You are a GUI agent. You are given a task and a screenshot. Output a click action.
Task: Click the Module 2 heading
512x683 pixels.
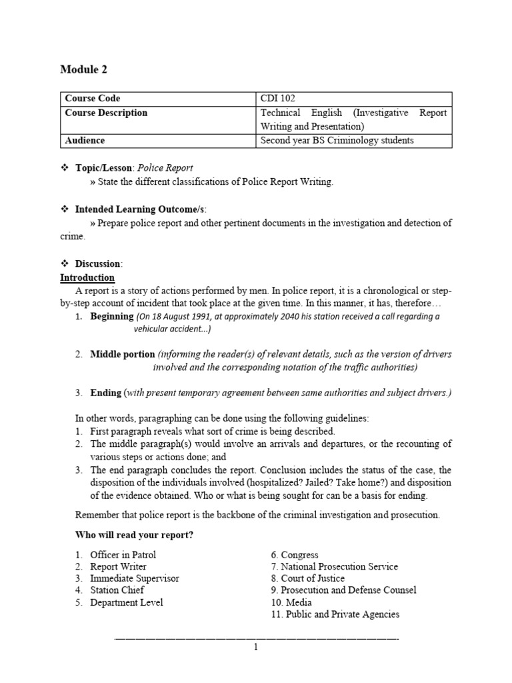point(83,69)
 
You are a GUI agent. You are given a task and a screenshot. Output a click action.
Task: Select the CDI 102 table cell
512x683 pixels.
point(278,99)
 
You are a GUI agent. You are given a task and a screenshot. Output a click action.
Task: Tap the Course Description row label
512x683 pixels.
point(106,113)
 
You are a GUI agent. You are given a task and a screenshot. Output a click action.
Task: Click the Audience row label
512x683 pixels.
point(85,140)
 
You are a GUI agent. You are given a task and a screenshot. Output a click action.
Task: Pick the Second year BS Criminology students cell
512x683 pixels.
point(337,140)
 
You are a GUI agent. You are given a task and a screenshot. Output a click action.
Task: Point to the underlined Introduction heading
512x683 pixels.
point(87,277)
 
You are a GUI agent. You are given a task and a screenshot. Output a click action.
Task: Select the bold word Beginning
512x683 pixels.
point(112,316)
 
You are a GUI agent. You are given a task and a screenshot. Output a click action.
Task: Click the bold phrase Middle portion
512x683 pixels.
point(123,354)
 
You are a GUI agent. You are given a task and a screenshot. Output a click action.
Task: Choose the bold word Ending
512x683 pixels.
point(106,393)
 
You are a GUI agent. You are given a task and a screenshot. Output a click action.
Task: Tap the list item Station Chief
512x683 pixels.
point(117,590)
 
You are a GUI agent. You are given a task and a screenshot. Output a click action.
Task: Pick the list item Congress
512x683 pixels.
point(299,555)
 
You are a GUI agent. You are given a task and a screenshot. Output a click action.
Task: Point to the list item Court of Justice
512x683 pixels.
point(313,578)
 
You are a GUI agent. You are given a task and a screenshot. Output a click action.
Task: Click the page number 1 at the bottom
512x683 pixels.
point(256,647)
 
